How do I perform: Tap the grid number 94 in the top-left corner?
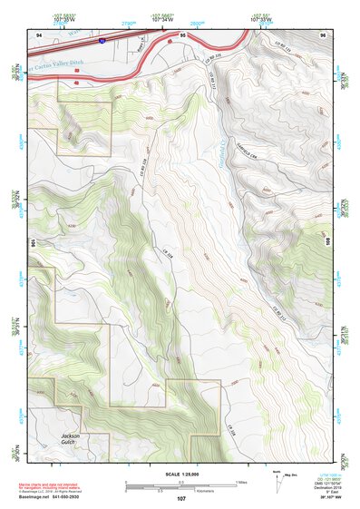point(38,34)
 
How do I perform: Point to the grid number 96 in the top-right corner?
point(324,34)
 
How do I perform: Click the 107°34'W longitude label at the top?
point(162,18)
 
